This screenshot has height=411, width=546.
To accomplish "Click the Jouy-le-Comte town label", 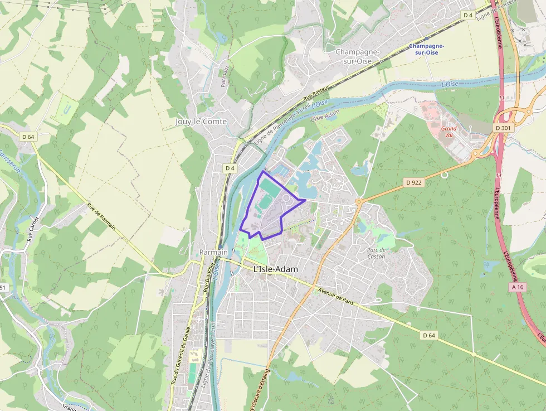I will [x=201, y=121].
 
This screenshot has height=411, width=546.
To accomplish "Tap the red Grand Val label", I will [x=448, y=132].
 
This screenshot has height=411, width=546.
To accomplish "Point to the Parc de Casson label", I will [x=376, y=253].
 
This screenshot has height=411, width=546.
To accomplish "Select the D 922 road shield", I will [x=413, y=182].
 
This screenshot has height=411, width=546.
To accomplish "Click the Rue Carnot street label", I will [x=32, y=229].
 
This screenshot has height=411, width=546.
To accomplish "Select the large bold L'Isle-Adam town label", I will [x=275, y=269].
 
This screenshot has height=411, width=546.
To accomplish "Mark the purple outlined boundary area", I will [x=270, y=209].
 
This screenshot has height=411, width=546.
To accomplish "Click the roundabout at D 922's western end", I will [x=359, y=201].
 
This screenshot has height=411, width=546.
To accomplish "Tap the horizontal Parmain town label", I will [x=213, y=252].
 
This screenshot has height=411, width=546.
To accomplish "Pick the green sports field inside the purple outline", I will [x=270, y=188].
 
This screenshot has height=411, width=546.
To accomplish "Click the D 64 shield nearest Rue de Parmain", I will [x=28, y=137].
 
